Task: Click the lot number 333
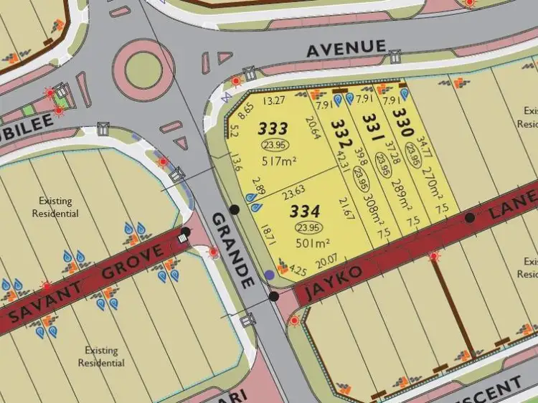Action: pos(273,129)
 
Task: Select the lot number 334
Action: pos(305,212)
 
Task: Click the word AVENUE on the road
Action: pos(346,49)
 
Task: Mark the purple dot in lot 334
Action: pos(269,274)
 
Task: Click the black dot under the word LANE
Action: pos(470,217)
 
